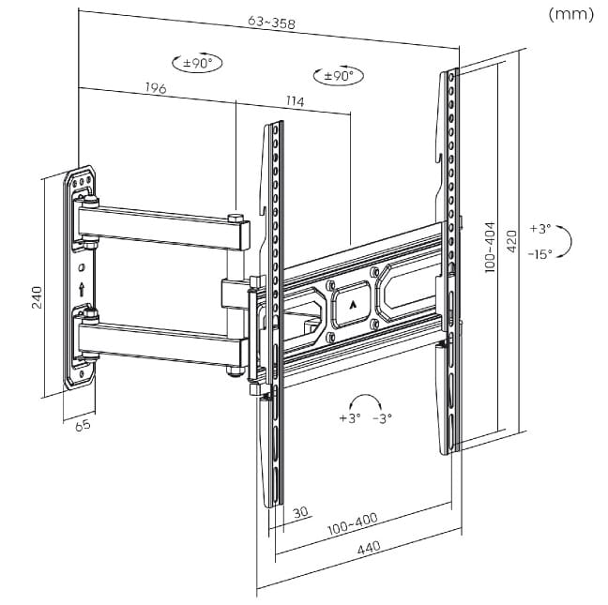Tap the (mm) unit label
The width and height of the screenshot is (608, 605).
tap(573, 14)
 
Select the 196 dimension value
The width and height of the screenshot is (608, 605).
tap(157, 89)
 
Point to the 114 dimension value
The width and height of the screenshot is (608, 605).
tap(296, 100)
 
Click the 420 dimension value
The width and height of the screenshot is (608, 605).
tap(512, 242)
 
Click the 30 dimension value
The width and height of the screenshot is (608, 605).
tap(300, 512)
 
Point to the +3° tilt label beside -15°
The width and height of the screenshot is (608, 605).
tap(540, 228)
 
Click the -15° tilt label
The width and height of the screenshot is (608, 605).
tap(540, 253)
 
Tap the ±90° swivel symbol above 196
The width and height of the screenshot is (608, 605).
tap(199, 63)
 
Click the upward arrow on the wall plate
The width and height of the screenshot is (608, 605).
tap(84, 289)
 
